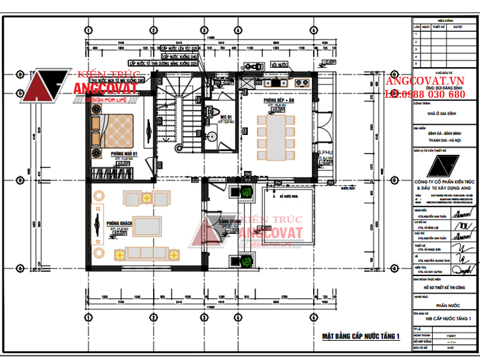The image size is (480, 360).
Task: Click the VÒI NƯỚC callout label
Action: coord(280,64)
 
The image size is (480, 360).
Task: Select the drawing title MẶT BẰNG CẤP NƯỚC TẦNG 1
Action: coord(361,336)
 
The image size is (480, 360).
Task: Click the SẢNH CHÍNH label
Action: coord(230,221)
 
